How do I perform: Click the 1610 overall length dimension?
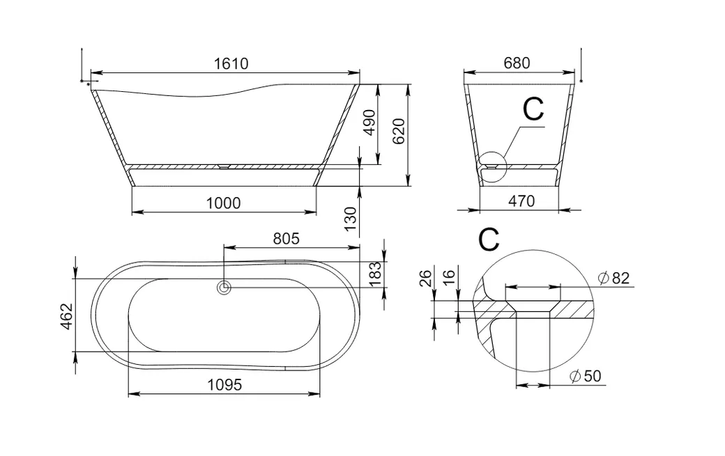pyautogui.click(x=231, y=63)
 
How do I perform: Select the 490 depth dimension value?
pyautogui.click(x=369, y=123)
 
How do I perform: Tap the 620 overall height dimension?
pyautogui.click(x=399, y=132)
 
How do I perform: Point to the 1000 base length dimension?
pyautogui.click(x=223, y=203)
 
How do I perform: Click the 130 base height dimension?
pyautogui.click(x=351, y=219)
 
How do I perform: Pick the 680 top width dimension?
pyautogui.click(x=517, y=63)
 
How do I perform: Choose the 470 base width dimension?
pyautogui.click(x=521, y=201)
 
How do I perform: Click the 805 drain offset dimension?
pyautogui.click(x=287, y=239)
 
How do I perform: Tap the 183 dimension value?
pyautogui.click(x=376, y=273)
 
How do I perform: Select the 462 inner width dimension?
pyautogui.click(x=67, y=316)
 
